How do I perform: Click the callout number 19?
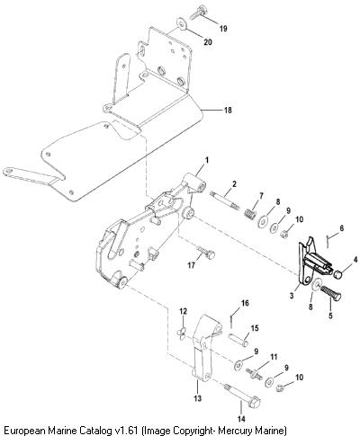click(x=223, y=29)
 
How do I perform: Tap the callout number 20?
click(x=208, y=42)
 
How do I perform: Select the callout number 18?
click(x=228, y=111)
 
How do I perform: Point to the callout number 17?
click(x=192, y=265)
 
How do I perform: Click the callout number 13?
click(x=198, y=398)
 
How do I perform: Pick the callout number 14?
click(x=241, y=419)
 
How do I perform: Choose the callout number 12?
click(x=184, y=312)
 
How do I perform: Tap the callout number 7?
click(x=261, y=196)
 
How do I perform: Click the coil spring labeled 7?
click(x=250, y=214)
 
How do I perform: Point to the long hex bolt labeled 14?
click(x=242, y=394)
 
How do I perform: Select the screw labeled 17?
click(x=206, y=253)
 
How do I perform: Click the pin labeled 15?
click(x=238, y=338)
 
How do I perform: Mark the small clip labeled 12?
click(x=180, y=334)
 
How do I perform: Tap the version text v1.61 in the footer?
click(x=126, y=431)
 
